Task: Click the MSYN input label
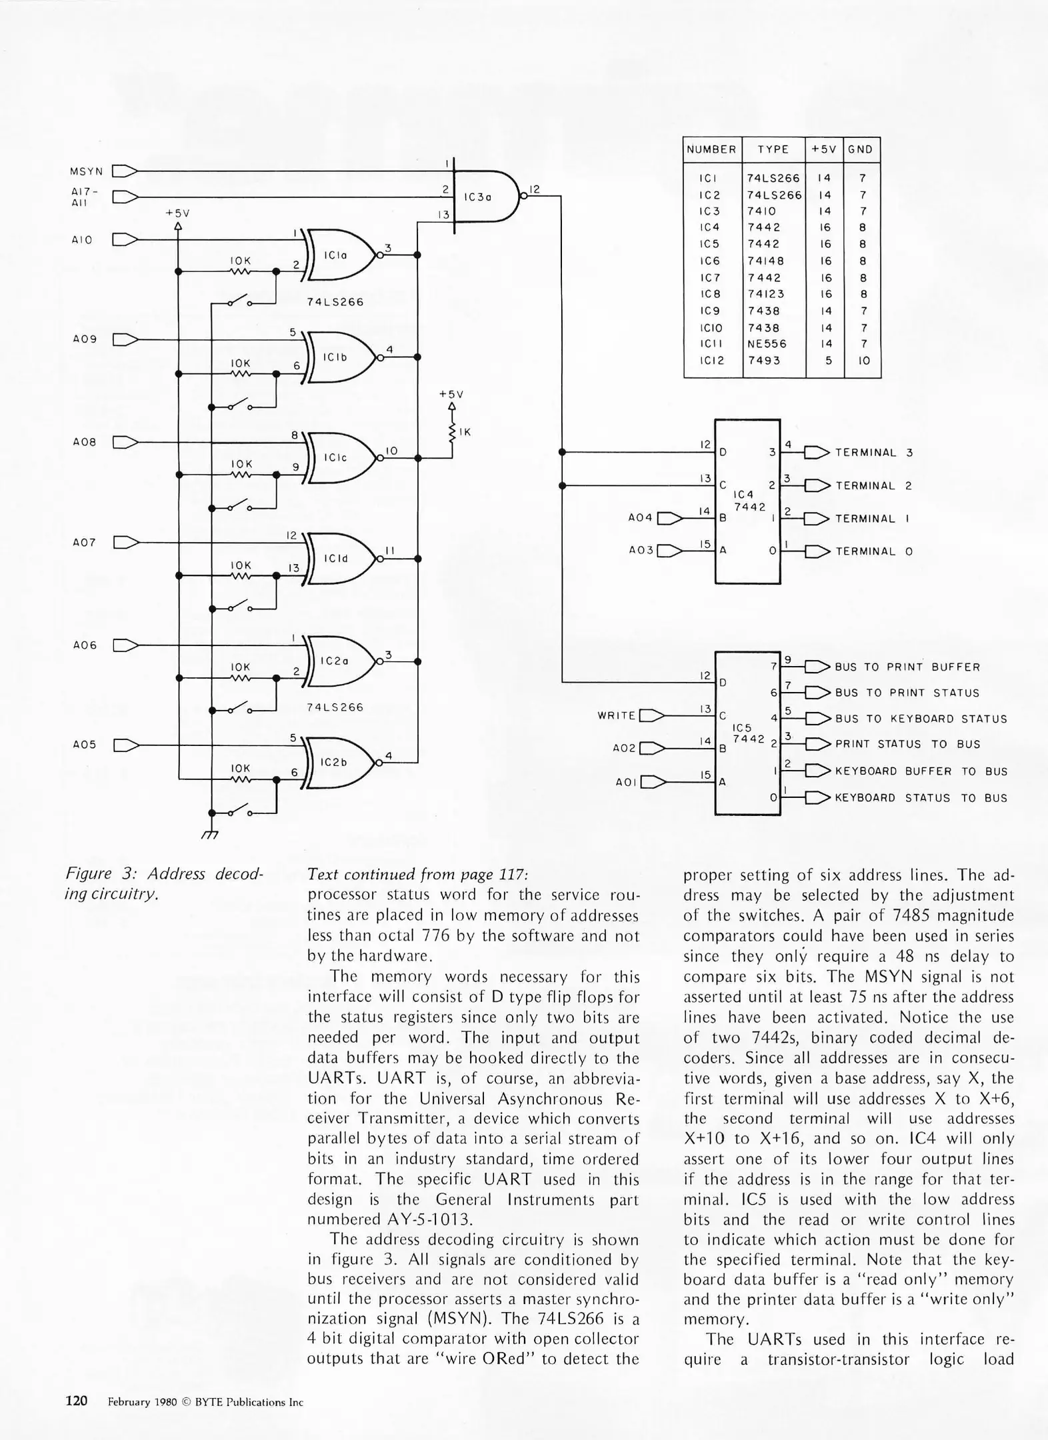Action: click(86, 171)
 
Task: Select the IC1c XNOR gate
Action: click(340, 457)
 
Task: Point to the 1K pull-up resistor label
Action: click(465, 432)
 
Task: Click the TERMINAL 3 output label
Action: click(873, 453)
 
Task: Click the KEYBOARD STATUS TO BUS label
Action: click(921, 798)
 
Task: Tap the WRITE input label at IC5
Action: click(617, 715)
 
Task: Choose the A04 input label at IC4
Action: click(641, 517)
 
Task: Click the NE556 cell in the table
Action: click(767, 344)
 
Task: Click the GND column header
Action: click(861, 149)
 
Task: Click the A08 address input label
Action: click(85, 442)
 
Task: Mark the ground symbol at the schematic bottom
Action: click(210, 834)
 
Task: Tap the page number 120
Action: click(77, 1401)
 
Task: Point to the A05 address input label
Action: click(85, 745)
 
